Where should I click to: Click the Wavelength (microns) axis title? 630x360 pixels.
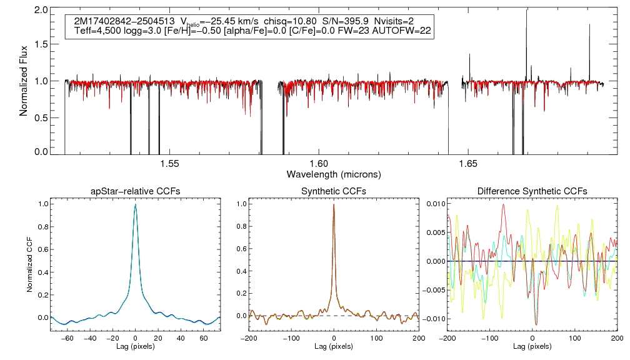[x=334, y=174]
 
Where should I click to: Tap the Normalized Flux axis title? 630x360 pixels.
[x=24, y=81]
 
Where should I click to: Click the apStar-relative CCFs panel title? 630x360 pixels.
[x=135, y=191]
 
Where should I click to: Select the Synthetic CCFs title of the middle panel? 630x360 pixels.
[x=334, y=191]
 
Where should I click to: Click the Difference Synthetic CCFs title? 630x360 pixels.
[x=532, y=191]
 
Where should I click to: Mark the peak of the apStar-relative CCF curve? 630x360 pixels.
[x=135, y=204]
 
